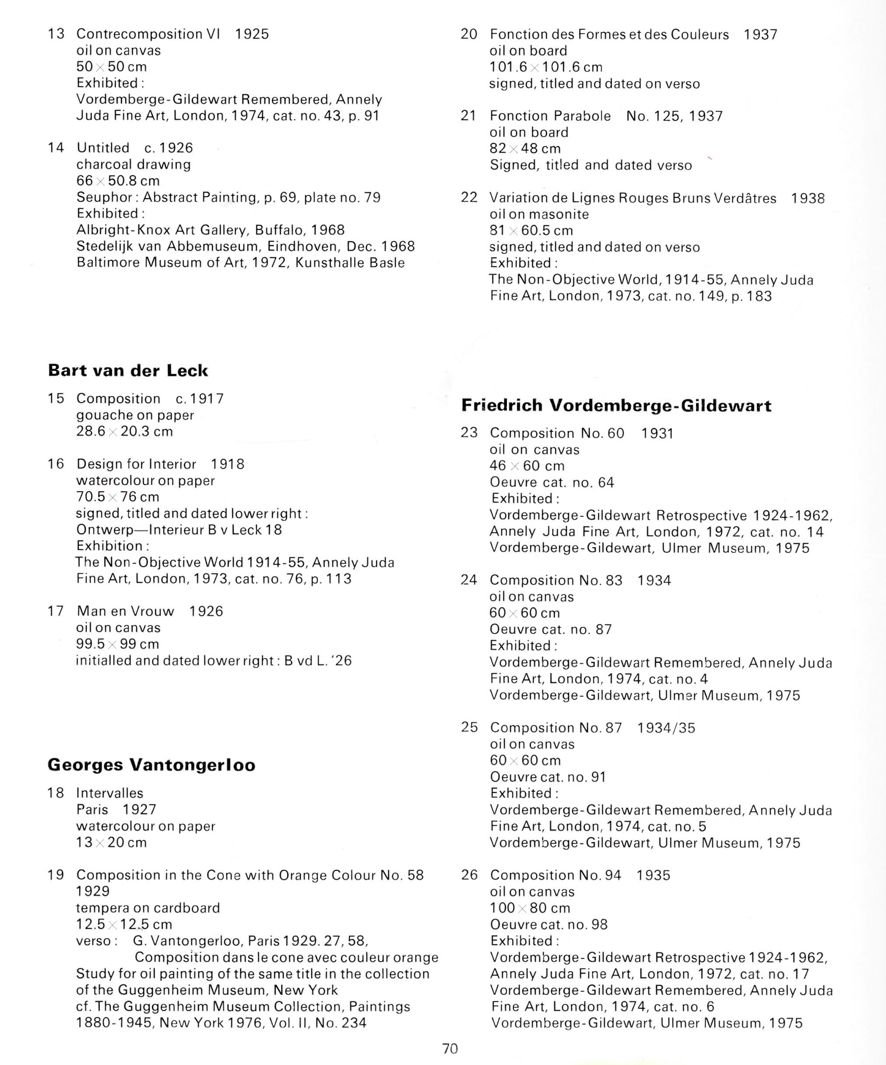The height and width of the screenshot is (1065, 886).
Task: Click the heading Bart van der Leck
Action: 128,371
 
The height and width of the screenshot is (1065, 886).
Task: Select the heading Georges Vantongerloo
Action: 151,765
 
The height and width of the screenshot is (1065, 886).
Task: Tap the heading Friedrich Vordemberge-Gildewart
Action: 616,406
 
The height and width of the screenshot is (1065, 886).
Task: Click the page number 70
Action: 450,1048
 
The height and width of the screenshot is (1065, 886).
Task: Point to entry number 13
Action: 56,34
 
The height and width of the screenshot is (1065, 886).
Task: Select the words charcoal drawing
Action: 134,164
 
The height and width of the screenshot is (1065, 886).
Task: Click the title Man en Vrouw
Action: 125,611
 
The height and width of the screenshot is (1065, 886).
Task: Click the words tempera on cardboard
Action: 148,907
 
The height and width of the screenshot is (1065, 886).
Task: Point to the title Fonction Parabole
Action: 550,116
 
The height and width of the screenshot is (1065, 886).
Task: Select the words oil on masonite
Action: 539,214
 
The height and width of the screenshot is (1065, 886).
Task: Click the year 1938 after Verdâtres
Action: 808,198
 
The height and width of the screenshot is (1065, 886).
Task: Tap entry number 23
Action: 469,432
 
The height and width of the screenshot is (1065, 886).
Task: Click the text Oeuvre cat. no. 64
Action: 552,482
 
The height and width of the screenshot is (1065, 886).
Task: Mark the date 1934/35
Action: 666,728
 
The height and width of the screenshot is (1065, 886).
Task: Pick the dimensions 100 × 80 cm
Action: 530,908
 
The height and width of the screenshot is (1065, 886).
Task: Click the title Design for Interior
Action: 136,464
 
